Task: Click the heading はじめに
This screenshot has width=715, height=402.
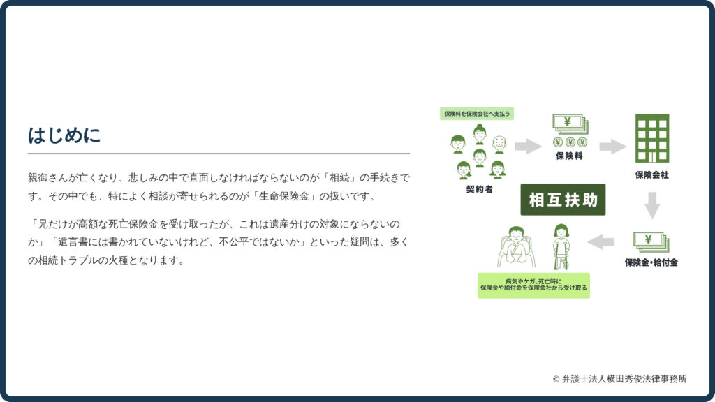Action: point(64,135)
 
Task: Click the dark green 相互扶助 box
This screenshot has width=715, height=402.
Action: point(563,200)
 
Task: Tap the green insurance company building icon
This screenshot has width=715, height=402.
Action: point(652,139)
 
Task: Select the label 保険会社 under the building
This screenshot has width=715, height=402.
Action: point(652,175)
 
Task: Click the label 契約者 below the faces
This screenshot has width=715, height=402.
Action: point(479,189)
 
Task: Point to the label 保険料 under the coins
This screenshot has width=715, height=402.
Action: point(569,156)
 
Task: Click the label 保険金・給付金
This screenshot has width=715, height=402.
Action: point(651,262)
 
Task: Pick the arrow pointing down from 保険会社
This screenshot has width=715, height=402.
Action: point(652,206)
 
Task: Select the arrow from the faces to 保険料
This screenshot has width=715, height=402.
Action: point(528,147)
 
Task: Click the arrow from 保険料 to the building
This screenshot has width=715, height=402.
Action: point(613,147)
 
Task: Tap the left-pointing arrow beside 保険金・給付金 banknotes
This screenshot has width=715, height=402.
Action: point(601,242)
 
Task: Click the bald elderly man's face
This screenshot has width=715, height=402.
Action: point(499,144)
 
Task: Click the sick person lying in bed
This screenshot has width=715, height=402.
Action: point(517,246)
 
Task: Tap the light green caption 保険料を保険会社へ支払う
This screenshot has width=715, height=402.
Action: point(477,114)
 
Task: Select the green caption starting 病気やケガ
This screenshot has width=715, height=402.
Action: point(533,285)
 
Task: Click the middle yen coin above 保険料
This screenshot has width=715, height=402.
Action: point(570,142)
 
